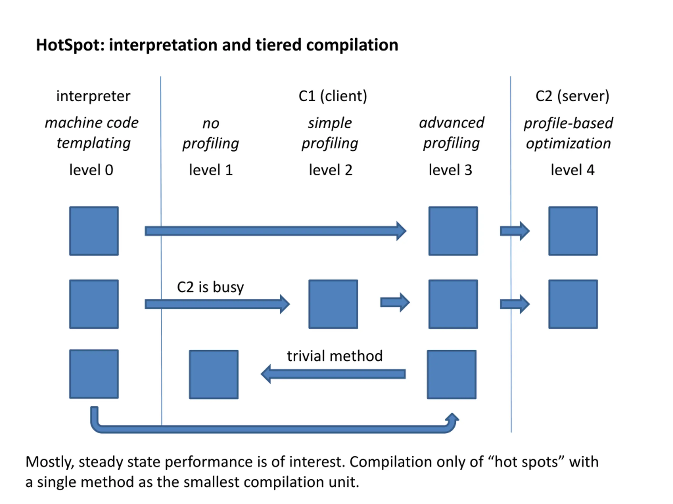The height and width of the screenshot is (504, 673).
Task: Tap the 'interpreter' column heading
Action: [x=93, y=96]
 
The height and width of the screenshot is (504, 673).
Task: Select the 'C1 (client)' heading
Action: [x=333, y=96]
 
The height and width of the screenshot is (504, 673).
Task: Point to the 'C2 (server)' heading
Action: [x=572, y=96]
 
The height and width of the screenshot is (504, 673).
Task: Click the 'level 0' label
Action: [x=91, y=170]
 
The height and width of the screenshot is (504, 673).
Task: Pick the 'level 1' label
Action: [x=211, y=170]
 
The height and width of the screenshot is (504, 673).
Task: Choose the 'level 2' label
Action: [x=331, y=170]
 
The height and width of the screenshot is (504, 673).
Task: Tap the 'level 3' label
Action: [x=450, y=170]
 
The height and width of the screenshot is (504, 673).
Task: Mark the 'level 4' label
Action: [x=572, y=170]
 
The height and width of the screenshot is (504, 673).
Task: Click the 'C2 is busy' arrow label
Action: [x=211, y=287]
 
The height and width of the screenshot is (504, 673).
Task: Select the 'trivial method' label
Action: [x=335, y=356]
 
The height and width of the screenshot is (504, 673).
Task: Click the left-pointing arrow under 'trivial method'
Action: [x=333, y=374]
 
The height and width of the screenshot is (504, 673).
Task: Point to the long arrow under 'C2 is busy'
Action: [x=217, y=304]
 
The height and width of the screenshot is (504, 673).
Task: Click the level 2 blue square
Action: [x=333, y=304]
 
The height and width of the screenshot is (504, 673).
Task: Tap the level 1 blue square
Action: [x=213, y=374]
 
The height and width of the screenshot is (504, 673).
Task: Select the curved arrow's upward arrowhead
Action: [x=452, y=418]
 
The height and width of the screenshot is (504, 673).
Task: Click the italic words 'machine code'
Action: [x=91, y=123]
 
